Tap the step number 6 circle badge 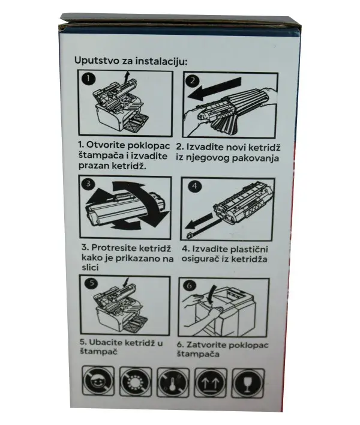pyautogui.click(x=189, y=286)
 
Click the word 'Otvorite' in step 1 pyautogui.click(x=104, y=146)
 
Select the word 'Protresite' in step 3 pyautogui.click(x=109, y=247)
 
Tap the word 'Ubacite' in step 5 pyautogui.click(x=104, y=343)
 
